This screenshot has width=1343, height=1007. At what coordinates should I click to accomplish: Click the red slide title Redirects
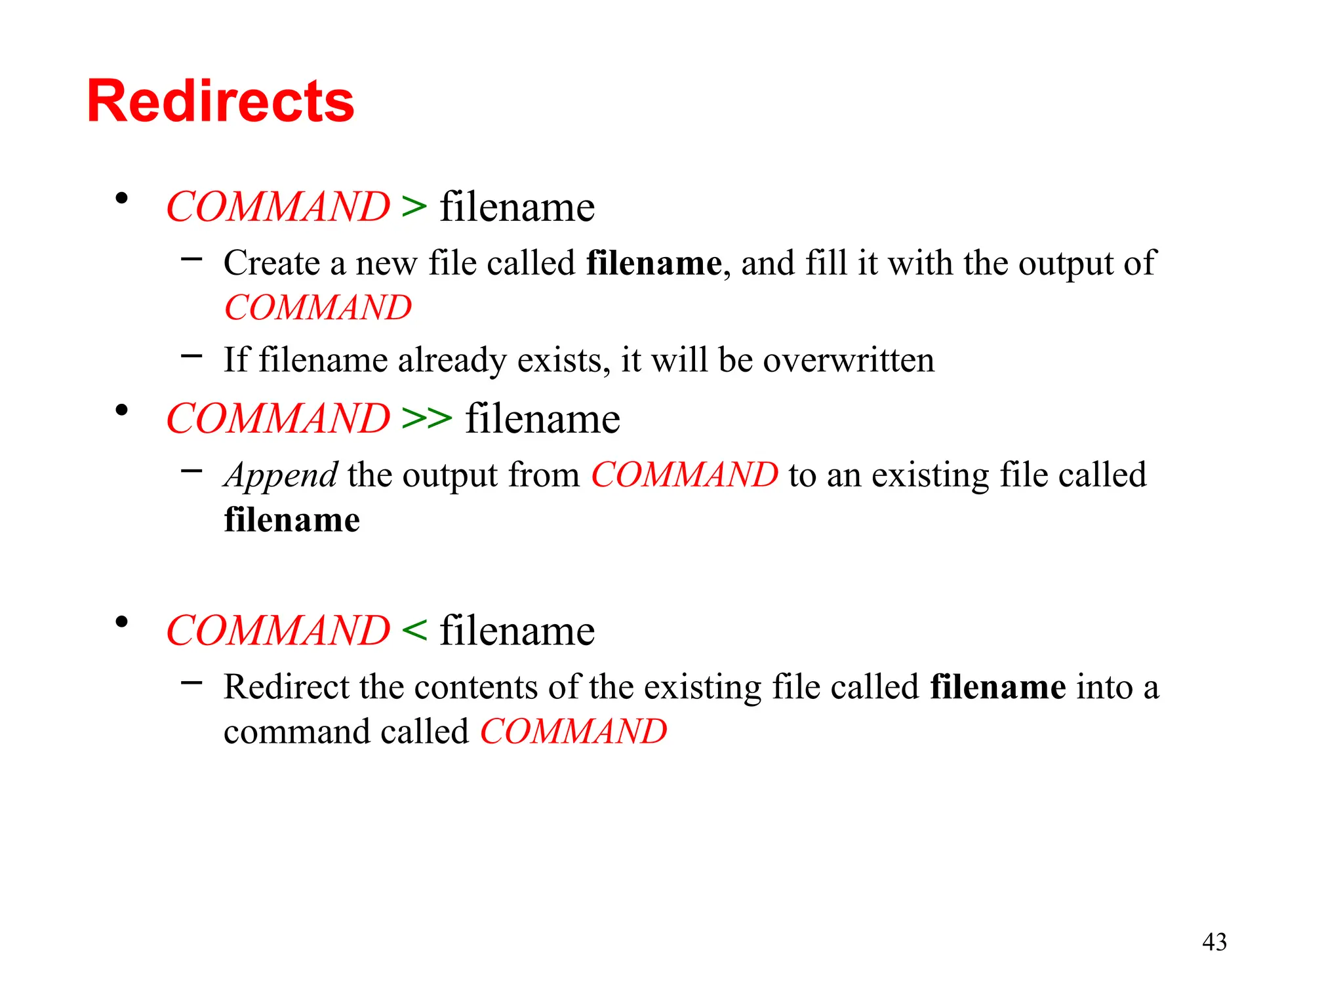tap(220, 102)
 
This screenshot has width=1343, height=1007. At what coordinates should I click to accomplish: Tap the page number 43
tap(1214, 942)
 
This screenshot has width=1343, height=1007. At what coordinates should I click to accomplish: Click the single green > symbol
tap(414, 207)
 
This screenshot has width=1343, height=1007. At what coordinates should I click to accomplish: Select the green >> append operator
tap(427, 418)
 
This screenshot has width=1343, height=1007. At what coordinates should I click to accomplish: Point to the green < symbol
tap(414, 630)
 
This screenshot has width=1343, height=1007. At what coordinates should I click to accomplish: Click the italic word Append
tap(281, 476)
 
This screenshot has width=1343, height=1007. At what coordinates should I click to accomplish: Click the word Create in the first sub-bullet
tap(271, 264)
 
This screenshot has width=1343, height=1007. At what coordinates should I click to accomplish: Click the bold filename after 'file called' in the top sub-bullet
tap(654, 264)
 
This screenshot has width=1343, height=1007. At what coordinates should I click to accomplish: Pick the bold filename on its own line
tap(292, 520)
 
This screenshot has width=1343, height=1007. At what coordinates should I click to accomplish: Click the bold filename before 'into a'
tap(997, 687)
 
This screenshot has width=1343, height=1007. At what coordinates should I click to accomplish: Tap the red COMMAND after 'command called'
tap(573, 732)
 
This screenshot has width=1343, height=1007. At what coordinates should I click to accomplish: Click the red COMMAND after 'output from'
tap(685, 475)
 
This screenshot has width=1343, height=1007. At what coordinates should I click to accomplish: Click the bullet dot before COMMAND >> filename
tap(121, 410)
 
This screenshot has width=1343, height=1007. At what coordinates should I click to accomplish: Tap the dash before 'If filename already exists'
tap(191, 356)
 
